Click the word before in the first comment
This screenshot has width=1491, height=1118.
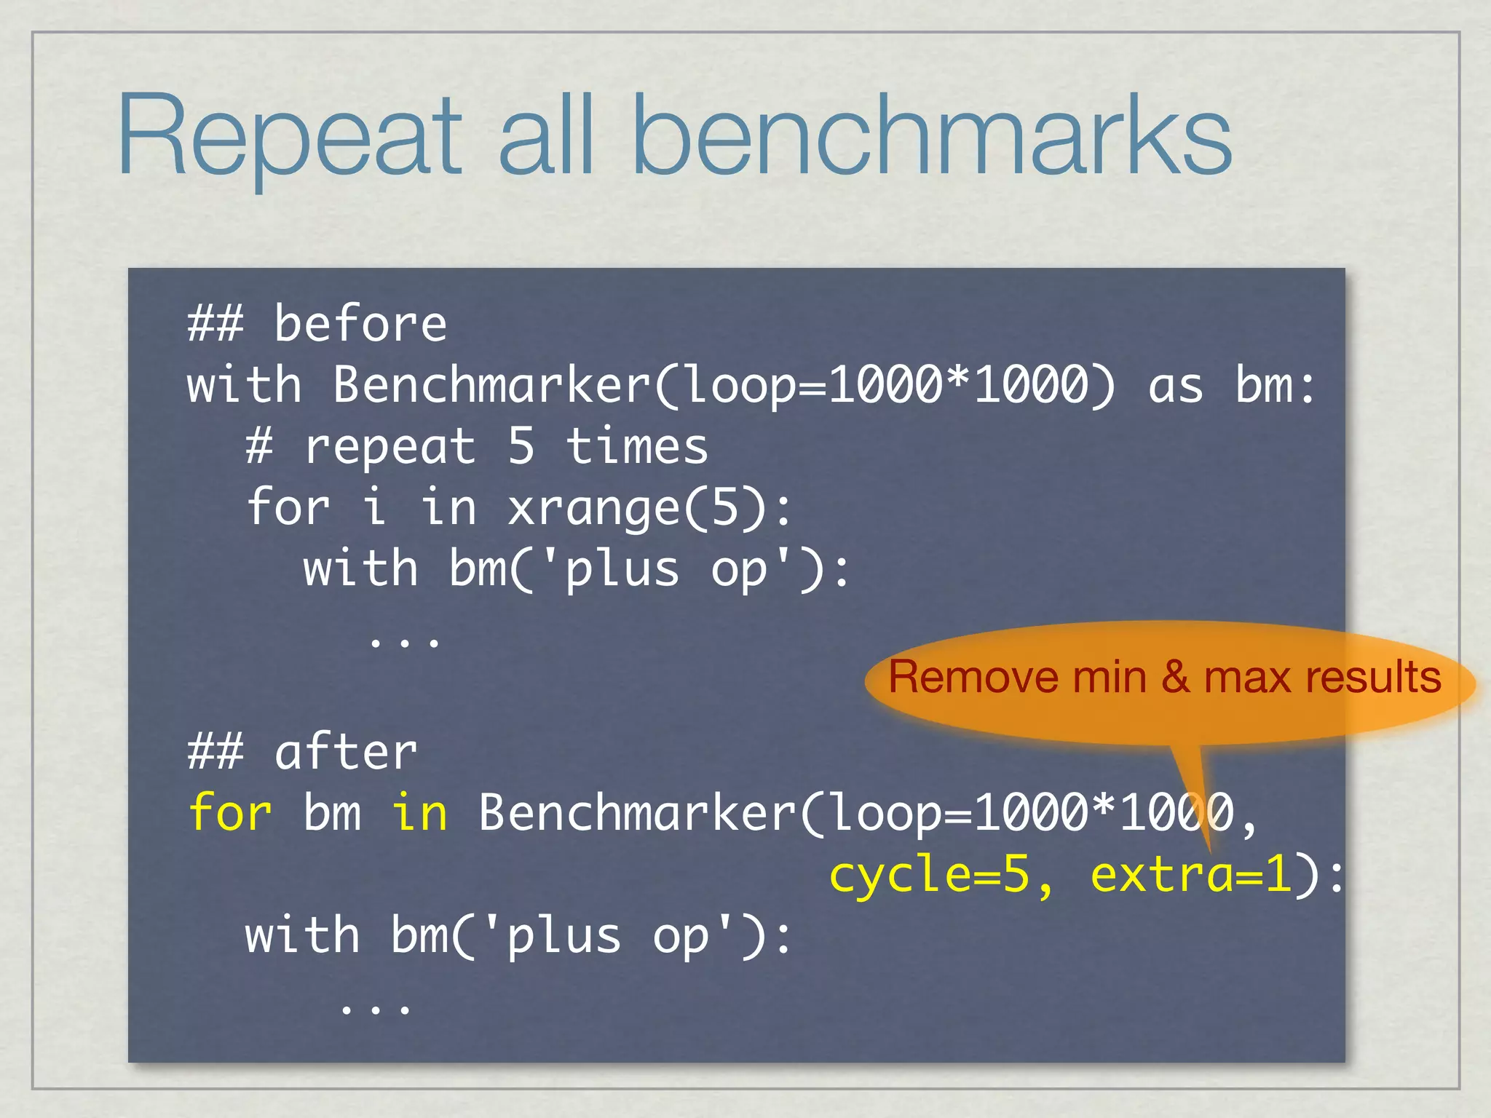coord(360,325)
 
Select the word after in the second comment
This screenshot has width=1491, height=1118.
coord(346,753)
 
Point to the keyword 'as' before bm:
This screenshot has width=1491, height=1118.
coord(1175,386)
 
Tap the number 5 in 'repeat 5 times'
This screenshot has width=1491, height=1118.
coord(521,447)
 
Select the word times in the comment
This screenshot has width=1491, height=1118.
coord(636,447)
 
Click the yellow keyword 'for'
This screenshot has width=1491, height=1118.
coord(230,814)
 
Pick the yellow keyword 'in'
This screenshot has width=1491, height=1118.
coord(419,814)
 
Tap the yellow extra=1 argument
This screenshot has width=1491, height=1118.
coord(1191,875)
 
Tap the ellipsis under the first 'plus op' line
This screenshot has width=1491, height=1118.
coord(405,641)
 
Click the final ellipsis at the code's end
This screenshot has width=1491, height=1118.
coord(376,1007)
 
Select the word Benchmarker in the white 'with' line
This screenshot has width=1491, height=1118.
coord(491,386)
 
